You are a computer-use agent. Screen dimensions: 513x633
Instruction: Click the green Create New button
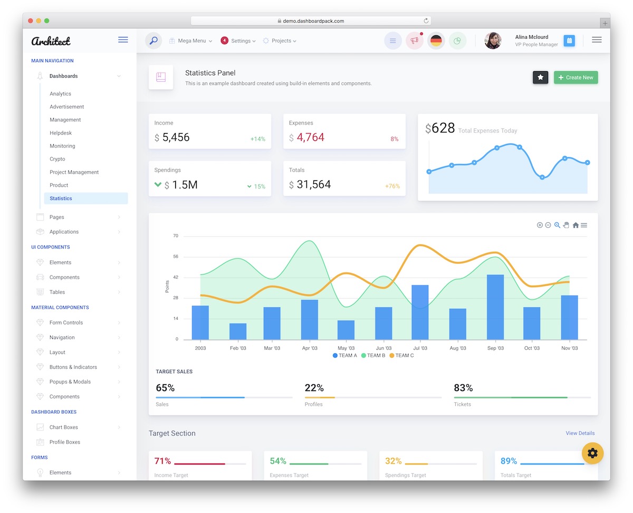[576, 78]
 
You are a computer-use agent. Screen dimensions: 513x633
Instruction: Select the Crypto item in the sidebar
[57, 159]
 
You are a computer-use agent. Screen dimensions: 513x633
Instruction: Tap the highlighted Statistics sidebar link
[61, 198]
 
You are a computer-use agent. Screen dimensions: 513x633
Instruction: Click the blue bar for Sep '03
[495, 307]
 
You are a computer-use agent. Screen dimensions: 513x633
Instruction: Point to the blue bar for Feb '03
[238, 331]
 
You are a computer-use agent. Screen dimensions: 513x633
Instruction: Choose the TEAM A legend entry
[345, 356]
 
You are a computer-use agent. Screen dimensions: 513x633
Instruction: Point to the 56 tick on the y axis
[176, 257]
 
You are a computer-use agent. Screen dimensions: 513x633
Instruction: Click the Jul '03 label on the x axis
[420, 348]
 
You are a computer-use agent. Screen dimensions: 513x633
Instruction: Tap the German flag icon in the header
[436, 41]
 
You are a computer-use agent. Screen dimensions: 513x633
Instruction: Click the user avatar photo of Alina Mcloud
[493, 41]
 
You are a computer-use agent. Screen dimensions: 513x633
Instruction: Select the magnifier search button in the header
[154, 41]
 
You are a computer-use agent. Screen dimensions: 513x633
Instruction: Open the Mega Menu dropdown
[191, 41]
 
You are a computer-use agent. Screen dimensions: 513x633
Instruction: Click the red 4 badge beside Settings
[224, 41]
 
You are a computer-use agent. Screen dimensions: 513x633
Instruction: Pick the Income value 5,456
[176, 138]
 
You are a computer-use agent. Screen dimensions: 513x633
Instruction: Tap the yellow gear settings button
[592, 453]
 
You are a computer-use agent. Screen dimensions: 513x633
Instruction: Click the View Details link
[580, 433]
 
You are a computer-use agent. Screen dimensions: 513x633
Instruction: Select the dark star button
[540, 78]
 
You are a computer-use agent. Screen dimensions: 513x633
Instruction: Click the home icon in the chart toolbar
[576, 225]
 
